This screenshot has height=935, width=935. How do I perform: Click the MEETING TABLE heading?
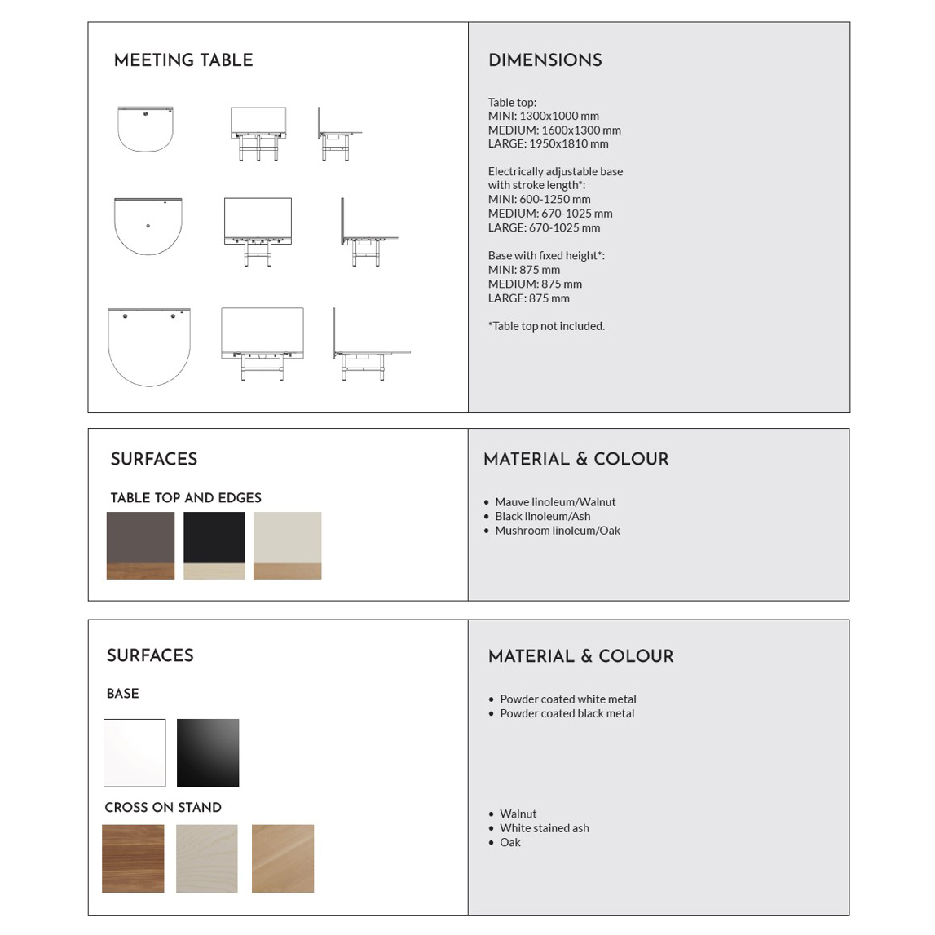pyautogui.click(x=183, y=61)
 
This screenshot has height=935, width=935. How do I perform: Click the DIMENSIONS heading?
pyautogui.click(x=545, y=61)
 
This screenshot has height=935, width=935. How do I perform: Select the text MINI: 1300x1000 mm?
pyautogui.click(x=543, y=116)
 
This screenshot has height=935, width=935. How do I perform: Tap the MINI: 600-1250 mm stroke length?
pyautogui.click(x=539, y=199)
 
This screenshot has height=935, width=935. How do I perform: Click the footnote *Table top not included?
pyautogui.click(x=546, y=326)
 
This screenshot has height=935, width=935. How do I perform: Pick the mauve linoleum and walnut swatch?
pyautogui.click(x=140, y=545)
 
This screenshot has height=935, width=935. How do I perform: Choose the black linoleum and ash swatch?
pyautogui.click(x=214, y=545)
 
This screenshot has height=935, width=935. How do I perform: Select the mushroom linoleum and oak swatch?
pyautogui.click(x=287, y=545)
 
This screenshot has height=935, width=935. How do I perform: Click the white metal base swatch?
pyautogui.click(x=135, y=752)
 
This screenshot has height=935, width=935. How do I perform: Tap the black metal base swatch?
pyautogui.click(x=208, y=752)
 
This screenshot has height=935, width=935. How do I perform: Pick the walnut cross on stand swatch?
pyautogui.click(x=133, y=858)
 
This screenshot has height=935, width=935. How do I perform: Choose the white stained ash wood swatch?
pyautogui.click(x=207, y=858)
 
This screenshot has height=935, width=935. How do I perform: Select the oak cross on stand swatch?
pyautogui.click(x=283, y=858)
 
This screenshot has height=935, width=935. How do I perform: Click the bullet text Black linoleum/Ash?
pyautogui.click(x=542, y=516)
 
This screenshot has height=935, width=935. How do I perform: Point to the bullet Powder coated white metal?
pyautogui.click(x=567, y=699)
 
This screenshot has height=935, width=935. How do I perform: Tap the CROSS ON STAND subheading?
pyautogui.click(x=163, y=808)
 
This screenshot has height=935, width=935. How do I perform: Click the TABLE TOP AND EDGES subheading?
pyautogui.click(x=186, y=498)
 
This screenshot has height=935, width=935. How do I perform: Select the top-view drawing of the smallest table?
pyautogui.click(x=145, y=129)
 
